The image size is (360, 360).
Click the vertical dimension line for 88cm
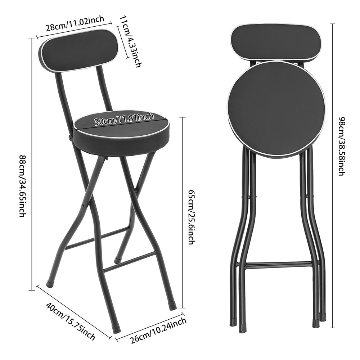[33, 162]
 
